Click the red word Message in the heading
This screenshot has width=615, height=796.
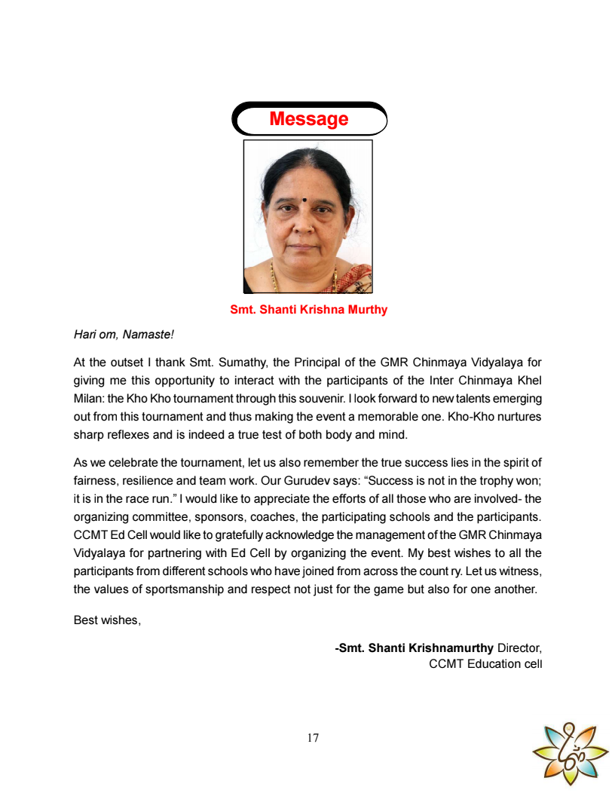(x=308, y=119)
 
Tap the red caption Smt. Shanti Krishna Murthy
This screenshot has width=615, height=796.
(x=308, y=310)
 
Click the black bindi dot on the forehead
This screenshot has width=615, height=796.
(x=304, y=201)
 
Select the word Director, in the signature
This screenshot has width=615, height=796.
(x=519, y=648)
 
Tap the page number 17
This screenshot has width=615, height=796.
(x=313, y=738)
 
